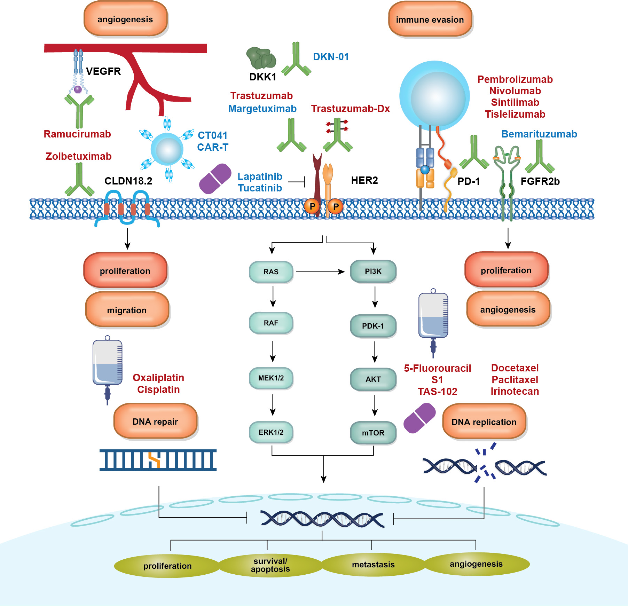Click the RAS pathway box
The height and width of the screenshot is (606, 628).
click(x=271, y=272)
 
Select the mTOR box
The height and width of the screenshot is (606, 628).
click(x=373, y=433)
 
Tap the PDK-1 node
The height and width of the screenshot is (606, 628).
click(x=373, y=326)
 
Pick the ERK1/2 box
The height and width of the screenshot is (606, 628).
click(x=271, y=432)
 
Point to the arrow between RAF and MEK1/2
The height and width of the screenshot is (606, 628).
click(x=273, y=352)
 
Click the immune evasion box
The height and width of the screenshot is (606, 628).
click(x=430, y=19)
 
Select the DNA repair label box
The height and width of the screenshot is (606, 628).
click(x=155, y=422)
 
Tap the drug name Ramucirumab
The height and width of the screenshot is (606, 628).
click(x=77, y=134)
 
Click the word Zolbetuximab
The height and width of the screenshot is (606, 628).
click(x=79, y=156)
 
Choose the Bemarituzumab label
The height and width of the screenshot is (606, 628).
click(x=539, y=134)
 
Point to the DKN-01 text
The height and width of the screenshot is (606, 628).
click(x=331, y=57)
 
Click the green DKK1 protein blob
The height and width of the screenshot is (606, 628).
click(x=261, y=58)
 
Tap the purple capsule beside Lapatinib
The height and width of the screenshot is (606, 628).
click(x=215, y=179)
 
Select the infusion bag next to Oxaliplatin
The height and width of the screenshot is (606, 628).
click(x=107, y=364)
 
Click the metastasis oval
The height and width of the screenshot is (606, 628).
click(x=373, y=565)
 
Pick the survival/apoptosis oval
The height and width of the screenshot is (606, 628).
click(x=270, y=565)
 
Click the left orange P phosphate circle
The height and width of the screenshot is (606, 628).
click(x=312, y=206)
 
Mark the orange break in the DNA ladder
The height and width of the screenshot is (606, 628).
click(x=154, y=460)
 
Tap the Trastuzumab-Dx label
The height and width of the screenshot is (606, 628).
click(x=350, y=109)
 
